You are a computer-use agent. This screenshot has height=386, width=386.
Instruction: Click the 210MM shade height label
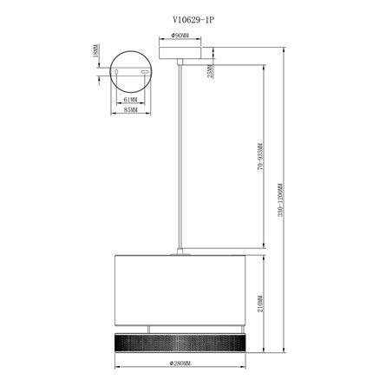[x=261, y=304]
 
